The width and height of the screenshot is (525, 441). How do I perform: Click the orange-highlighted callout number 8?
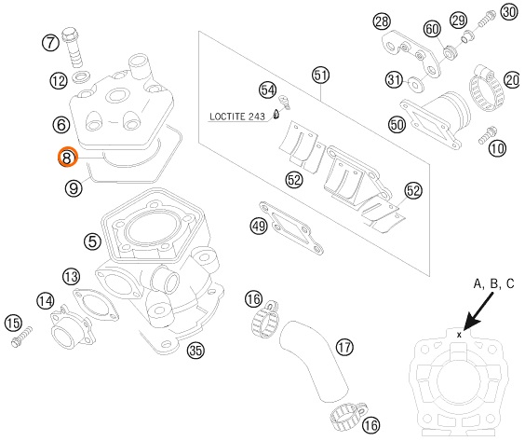68,157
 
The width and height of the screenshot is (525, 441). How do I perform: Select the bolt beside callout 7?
73,47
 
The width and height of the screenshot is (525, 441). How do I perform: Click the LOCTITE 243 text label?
237,117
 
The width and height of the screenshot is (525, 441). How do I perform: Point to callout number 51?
320,76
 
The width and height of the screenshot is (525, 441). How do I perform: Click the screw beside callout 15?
21,337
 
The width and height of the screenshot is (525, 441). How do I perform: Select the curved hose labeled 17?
313,361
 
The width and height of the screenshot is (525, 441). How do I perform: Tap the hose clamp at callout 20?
486,89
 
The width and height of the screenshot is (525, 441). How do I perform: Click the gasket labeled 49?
291,228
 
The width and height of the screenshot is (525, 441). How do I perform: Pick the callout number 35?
195,351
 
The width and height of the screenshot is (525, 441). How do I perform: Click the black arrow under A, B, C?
478,312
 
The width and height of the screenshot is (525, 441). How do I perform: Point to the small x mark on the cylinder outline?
459,335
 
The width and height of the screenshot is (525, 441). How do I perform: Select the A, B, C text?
493,284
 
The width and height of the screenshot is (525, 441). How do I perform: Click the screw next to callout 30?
485,20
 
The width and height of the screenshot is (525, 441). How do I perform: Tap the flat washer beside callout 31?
416,85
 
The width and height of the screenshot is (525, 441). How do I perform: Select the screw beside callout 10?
487,135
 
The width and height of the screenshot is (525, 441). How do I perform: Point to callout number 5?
93,241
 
